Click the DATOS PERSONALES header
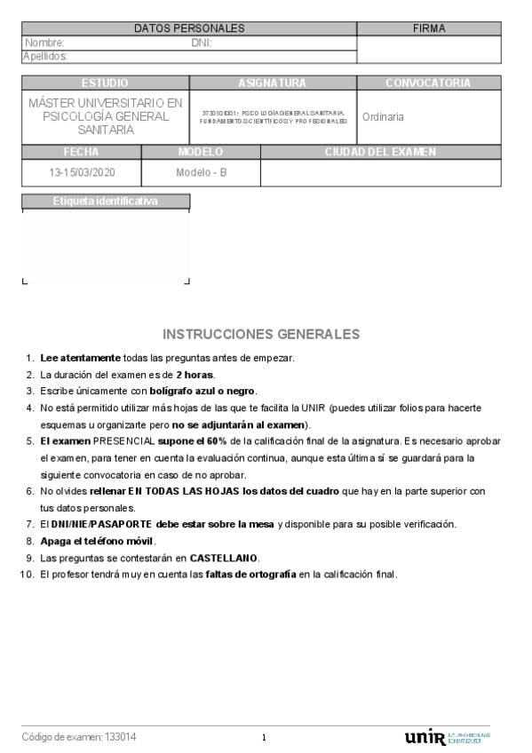click(x=188, y=28)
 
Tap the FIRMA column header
click(x=429, y=28)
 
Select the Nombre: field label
click(x=45, y=43)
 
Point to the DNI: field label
click(x=202, y=43)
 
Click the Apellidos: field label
click(x=46, y=56)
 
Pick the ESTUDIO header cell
click(x=105, y=83)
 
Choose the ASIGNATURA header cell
click(x=273, y=83)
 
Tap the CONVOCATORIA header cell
click(x=429, y=83)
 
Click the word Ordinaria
click(x=384, y=116)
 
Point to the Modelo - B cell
click(x=202, y=172)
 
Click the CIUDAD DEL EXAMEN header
click(x=381, y=152)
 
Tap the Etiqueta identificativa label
click(x=105, y=201)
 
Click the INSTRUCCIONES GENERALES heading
click(x=261, y=334)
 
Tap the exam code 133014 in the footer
click(x=121, y=737)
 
